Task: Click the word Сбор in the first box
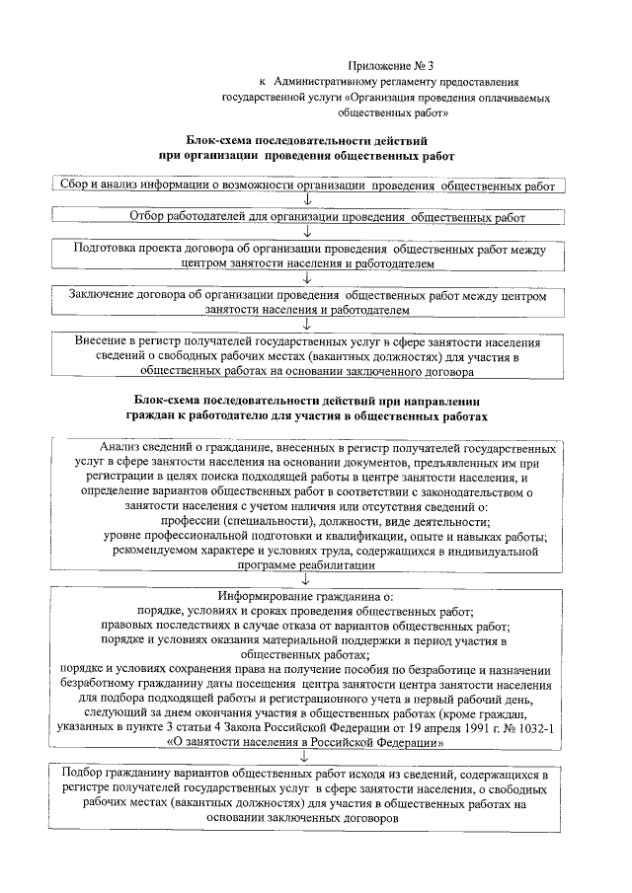75,185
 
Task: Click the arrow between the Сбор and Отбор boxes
309,200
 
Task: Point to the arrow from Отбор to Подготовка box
309,232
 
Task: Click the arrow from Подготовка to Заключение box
309,279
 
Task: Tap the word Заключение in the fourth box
104,295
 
